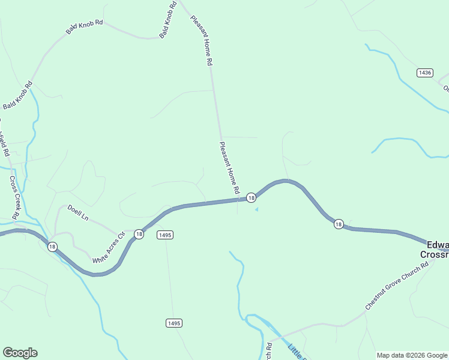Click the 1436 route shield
coord(424,73)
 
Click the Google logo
coord(20,353)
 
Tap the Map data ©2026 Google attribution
coord(411,355)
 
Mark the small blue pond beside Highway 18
coord(256,209)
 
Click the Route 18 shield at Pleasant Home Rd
coord(251,197)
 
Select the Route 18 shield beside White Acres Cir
coord(139,234)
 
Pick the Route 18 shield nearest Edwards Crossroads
coord(339,224)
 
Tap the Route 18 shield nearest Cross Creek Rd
coord(52,246)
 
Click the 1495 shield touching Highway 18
coord(166,235)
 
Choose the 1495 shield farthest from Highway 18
coord(173,323)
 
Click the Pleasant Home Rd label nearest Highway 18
coord(229,167)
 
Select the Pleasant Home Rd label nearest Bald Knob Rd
coord(202,40)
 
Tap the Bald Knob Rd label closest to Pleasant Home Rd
coord(168,20)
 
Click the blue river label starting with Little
coord(297,351)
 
